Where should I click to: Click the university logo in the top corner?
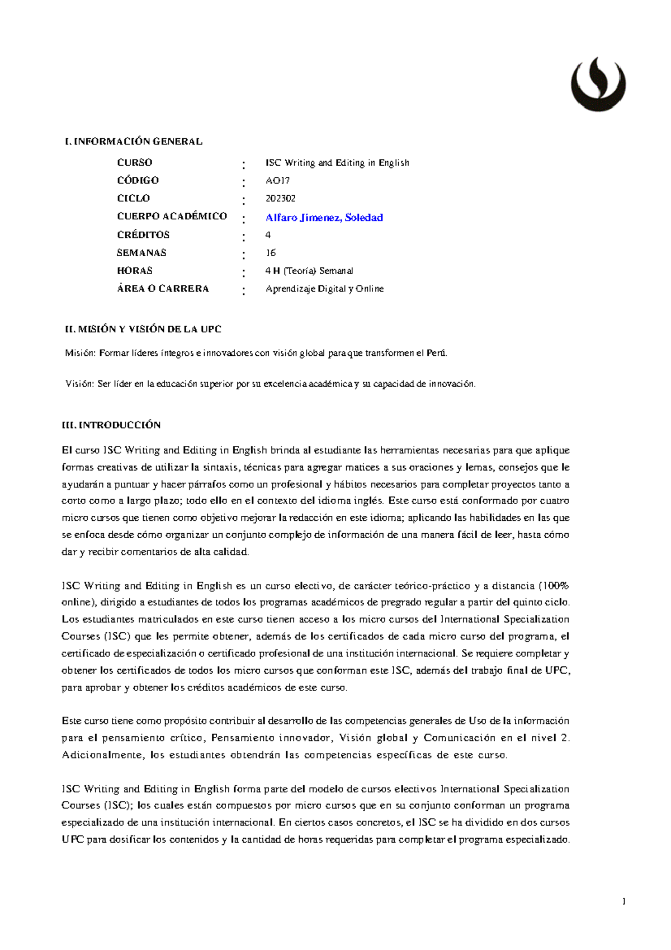tap(598, 84)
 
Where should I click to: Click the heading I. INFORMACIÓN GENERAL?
tap(134, 142)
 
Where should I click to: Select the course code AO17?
tap(277, 181)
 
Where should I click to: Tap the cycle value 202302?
tap(280, 199)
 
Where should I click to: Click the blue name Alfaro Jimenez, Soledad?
tap(324, 218)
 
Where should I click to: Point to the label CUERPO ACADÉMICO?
tap(172, 217)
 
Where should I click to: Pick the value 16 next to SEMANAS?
tap(271, 253)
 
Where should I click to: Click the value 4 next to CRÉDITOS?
tap(268, 235)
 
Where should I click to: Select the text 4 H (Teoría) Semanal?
tap(309, 271)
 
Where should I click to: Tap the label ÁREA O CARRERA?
tap(163, 289)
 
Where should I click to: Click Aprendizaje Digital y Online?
tap(324, 289)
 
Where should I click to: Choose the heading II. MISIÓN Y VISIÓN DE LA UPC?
tap(143, 330)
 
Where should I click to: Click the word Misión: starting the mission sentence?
tap(81, 353)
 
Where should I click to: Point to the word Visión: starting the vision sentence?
tap(80, 384)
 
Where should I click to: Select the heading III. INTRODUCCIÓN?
tap(111, 425)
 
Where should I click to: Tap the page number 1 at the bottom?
tap(623, 901)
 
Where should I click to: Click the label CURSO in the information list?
tap(134, 163)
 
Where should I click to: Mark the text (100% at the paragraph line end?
tap(554, 586)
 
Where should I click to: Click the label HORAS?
tap(134, 271)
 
